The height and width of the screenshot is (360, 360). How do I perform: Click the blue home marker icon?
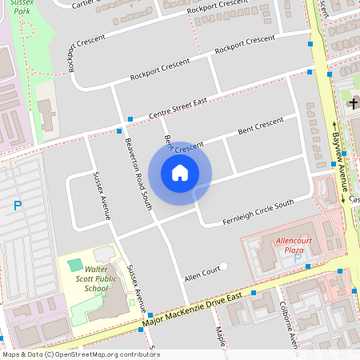180,172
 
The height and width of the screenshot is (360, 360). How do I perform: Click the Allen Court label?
201,273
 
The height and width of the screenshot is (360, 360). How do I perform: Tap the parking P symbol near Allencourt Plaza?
298,258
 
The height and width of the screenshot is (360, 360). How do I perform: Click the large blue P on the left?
18,206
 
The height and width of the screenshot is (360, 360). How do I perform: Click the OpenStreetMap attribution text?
80,354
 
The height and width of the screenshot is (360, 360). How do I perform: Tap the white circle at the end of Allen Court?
224,266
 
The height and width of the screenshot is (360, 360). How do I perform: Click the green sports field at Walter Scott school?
75,264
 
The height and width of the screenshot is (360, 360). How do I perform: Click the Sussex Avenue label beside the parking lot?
102,196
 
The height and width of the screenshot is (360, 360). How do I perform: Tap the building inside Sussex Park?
46,116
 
